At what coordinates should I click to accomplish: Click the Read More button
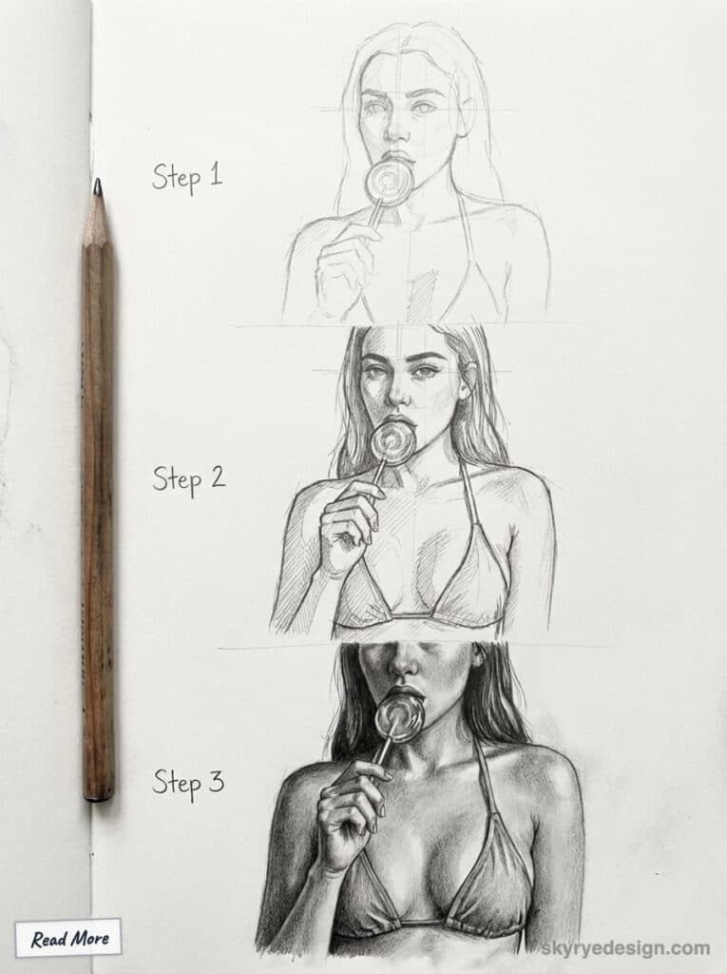(x=68, y=939)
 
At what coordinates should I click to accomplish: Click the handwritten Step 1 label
(x=186, y=176)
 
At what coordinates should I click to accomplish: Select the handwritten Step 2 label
(x=188, y=477)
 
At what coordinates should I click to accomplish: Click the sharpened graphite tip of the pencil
(x=96, y=187)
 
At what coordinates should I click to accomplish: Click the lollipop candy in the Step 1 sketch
(x=389, y=181)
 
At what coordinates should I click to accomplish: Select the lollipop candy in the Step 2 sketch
(x=392, y=441)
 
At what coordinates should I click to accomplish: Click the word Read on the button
(x=48, y=940)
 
